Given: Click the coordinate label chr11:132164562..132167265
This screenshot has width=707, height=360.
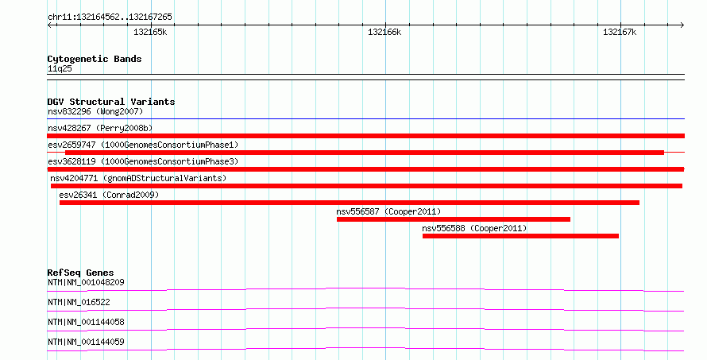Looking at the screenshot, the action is click(110, 17).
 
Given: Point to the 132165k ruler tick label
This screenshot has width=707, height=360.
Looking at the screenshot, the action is click(150, 32).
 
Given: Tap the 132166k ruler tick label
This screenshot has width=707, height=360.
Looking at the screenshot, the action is click(384, 32).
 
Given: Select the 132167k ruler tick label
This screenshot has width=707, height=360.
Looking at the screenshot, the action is click(620, 32).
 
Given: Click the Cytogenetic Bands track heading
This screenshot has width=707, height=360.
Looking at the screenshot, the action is click(95, 59).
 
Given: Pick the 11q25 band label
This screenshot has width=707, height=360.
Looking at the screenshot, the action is click(60, 68).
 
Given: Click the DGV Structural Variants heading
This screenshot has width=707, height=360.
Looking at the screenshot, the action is click(111, 102).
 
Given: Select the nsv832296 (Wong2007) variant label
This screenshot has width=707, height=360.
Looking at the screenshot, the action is click(95, 111).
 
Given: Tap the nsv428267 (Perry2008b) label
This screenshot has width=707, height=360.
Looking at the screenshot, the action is click(100, 128).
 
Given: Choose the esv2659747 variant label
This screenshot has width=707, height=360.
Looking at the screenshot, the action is click(143, 145).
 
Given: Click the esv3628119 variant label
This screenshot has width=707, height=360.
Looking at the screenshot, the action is click(143, 161).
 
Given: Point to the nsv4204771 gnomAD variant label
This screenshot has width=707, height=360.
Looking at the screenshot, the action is click(138, 178).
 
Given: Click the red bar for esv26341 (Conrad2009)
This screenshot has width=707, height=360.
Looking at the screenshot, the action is click(350, 203).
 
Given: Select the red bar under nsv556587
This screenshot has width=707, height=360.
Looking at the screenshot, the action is click(453, 219).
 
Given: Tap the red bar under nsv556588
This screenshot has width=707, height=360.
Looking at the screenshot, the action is click(520, 236).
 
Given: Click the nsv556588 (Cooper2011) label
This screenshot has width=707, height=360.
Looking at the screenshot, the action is click(474, 228).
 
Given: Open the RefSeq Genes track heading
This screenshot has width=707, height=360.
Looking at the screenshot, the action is click(80, 273).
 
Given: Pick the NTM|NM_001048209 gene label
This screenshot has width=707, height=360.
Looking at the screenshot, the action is click(86, 282).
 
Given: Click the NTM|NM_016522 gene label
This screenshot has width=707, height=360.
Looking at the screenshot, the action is click(79, 302).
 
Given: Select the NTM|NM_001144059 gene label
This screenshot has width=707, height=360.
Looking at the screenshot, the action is click(86, 342).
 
